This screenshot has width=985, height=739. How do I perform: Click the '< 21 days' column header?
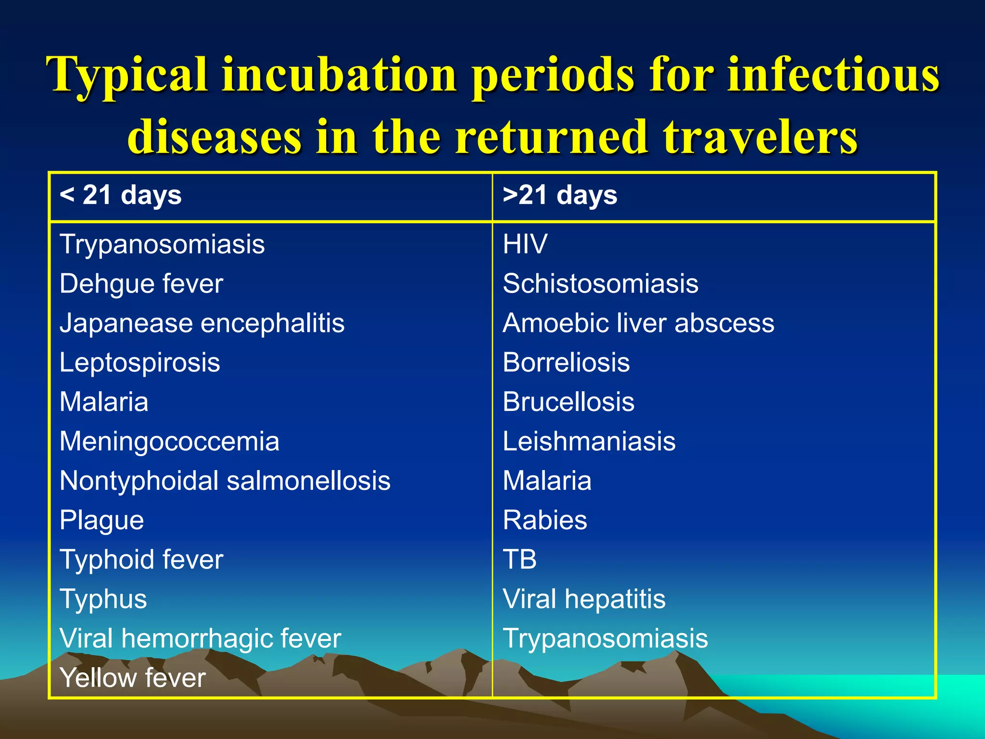(120, 196)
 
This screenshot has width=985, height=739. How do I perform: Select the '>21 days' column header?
(560, 196)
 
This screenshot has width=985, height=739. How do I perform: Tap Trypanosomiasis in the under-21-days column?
(162, 244)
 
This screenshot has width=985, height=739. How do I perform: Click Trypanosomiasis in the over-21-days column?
(605, 639)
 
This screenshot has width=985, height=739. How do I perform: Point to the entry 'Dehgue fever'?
(141, 284)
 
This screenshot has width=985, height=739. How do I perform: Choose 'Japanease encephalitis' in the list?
(202, 323)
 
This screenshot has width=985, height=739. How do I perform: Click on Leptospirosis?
(139, 363)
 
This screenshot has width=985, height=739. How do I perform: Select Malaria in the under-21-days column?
(104, 402)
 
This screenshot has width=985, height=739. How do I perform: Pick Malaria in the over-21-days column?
(547, 481)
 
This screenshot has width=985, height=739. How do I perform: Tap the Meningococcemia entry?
(169, 442)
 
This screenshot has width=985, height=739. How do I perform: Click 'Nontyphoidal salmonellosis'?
(225, 481)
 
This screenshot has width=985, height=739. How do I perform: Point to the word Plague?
(101, 521)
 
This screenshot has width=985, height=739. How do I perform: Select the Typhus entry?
(103, 599)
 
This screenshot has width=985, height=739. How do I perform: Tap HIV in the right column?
(525, 244)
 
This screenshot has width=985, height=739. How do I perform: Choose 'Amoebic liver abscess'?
(638, 323)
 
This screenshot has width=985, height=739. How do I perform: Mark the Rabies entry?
(545, 521)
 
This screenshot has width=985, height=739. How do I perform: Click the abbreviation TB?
(519, 560)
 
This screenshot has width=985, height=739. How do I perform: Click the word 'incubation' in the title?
(339, 75)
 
